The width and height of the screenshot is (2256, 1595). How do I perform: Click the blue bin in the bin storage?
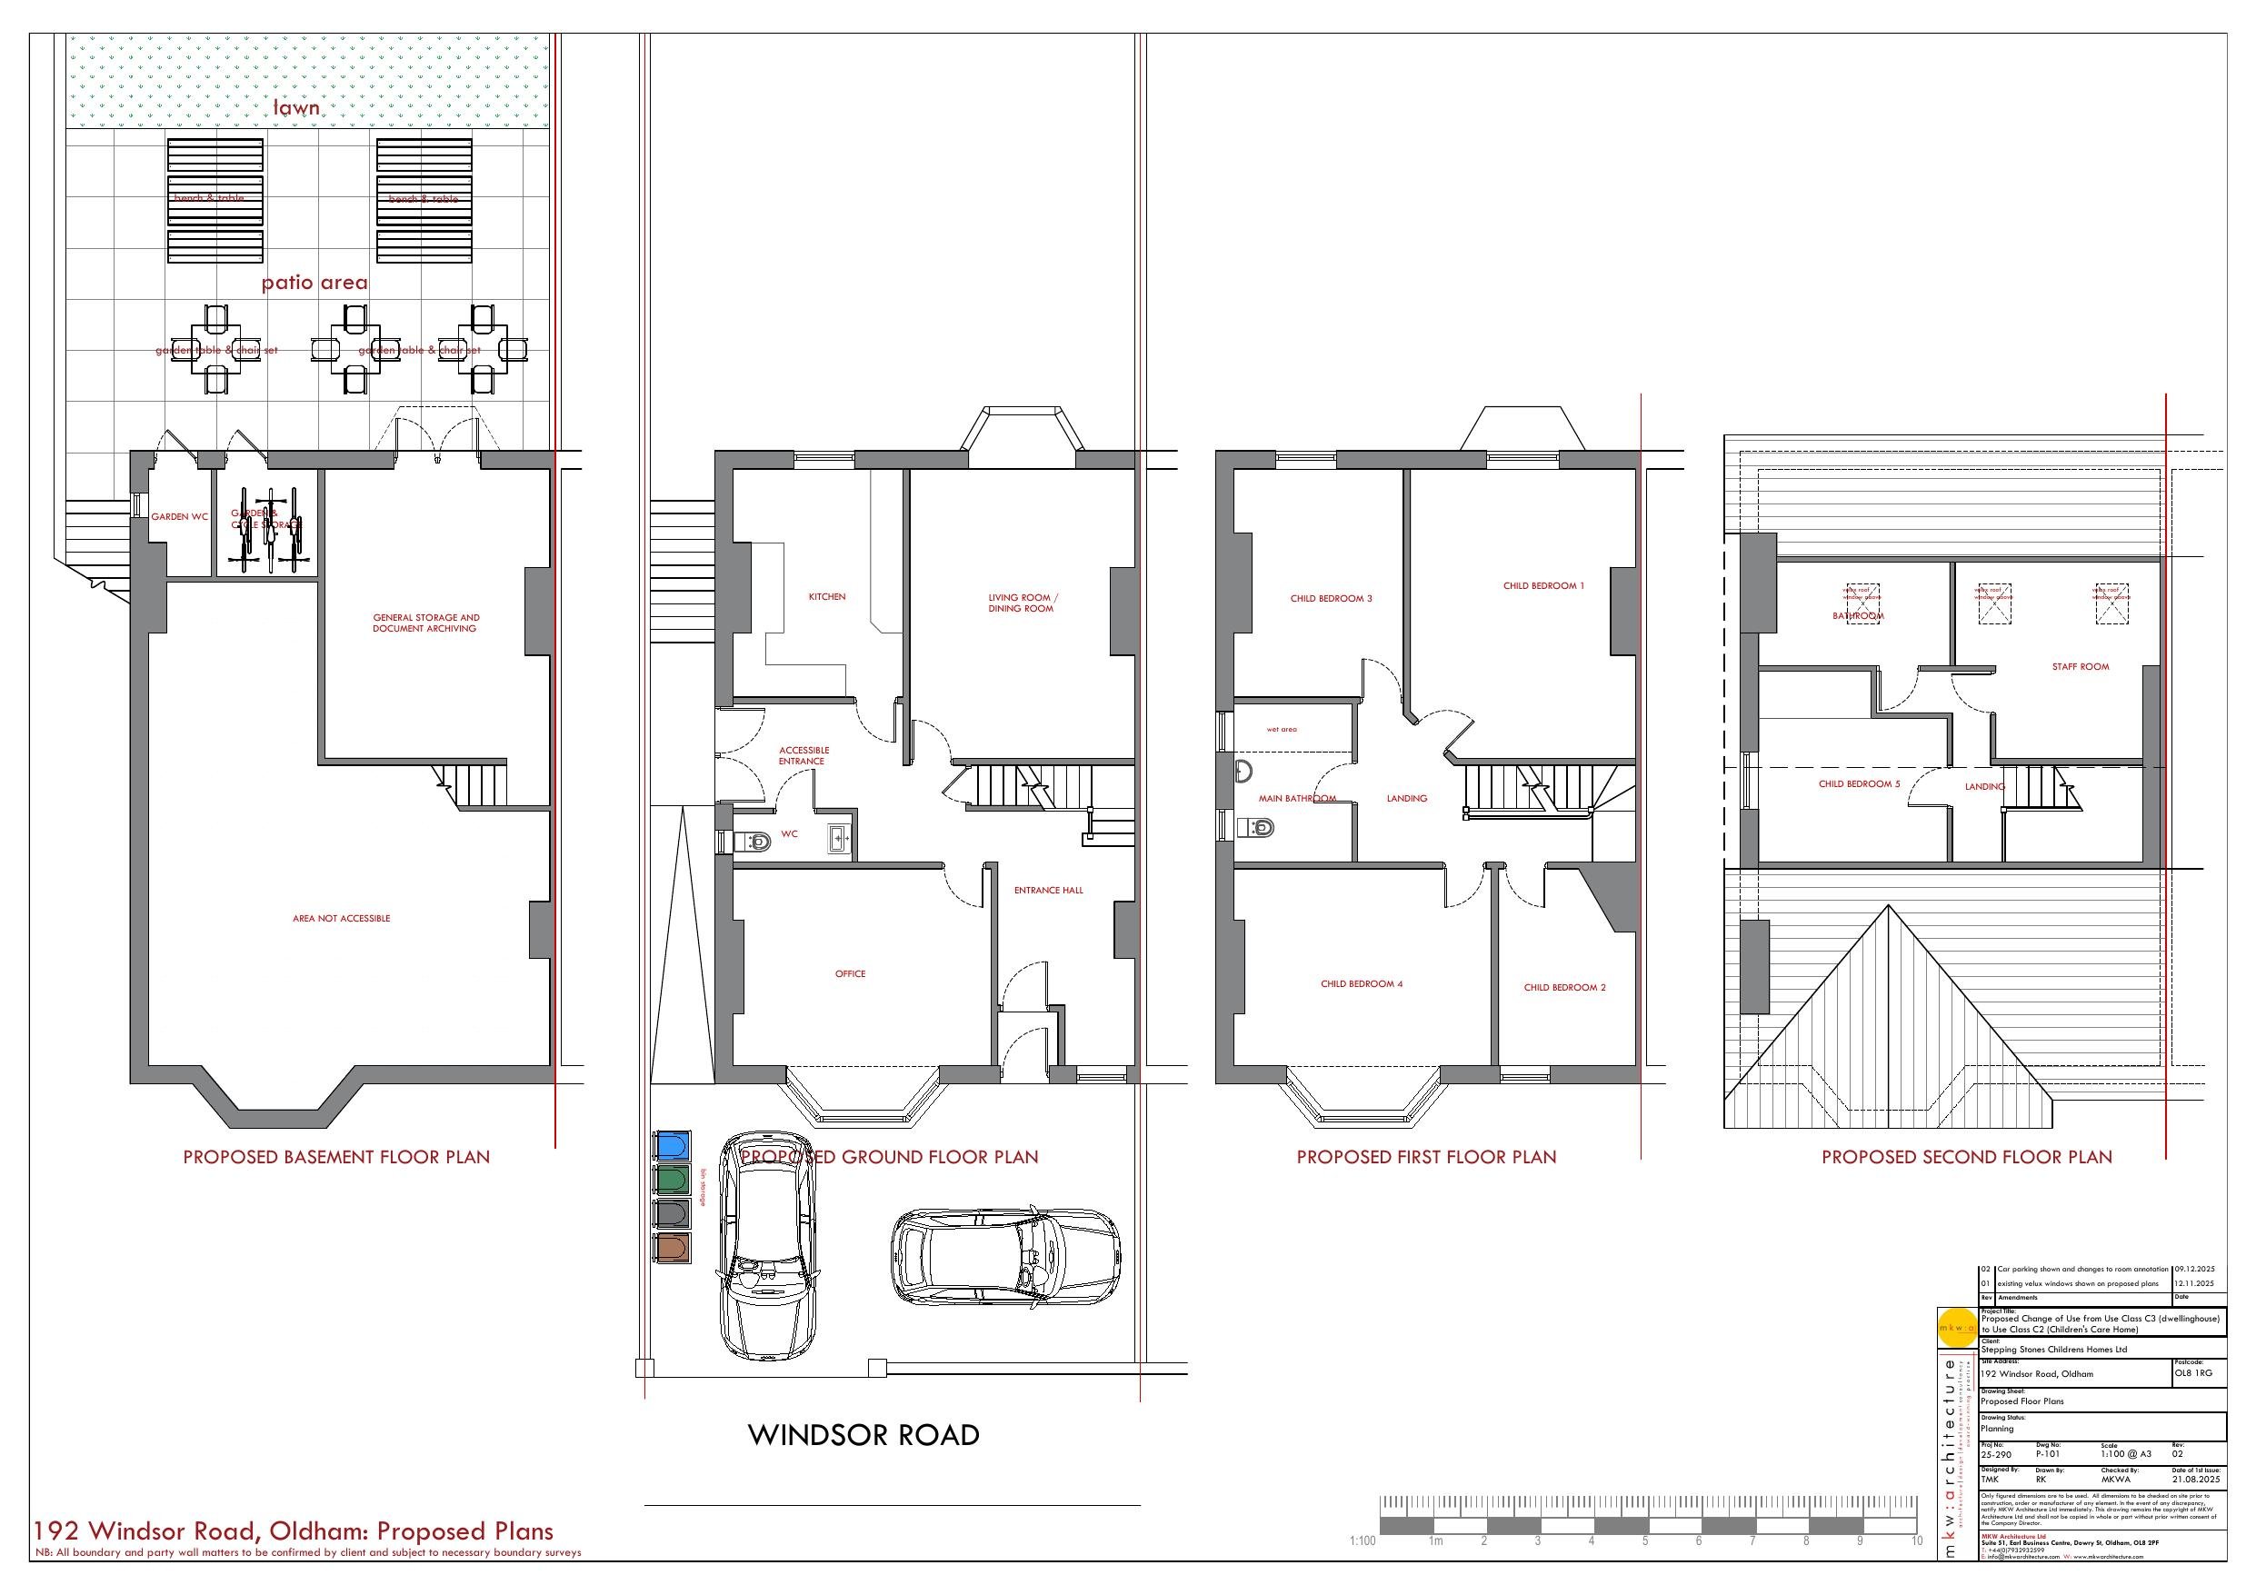(x=672, y=1146)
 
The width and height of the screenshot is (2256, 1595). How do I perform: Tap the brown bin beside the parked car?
(x=672, y=1248)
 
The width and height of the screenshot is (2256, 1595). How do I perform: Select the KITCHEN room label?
(x=826, y=596)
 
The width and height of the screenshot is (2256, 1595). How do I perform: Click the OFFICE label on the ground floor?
(x=850, y=974)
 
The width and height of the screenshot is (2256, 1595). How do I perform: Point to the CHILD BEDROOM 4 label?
(x=1361, y=983)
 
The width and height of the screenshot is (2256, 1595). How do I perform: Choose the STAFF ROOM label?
(x=2080, y=666)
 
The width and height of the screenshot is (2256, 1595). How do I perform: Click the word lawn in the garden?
(x=295, y=107)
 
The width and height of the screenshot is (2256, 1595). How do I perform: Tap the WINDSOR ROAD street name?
(x=863, y=1435)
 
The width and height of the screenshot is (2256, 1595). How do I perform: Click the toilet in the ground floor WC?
(x=754, y=842)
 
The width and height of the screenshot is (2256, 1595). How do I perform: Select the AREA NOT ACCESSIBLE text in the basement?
(x=341, y=918)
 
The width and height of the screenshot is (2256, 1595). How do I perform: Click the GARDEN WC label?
(x=179, y=516)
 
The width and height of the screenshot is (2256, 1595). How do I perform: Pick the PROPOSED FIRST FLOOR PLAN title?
(x=1426, y=1157)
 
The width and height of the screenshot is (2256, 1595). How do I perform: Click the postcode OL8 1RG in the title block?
(x=2194, y=1373)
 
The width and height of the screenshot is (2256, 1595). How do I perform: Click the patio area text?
(x=314, y=283)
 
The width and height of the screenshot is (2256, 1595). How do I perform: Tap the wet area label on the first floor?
(x=1282, y=729)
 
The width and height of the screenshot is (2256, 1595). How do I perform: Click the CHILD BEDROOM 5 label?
(x=1859, y=784)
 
